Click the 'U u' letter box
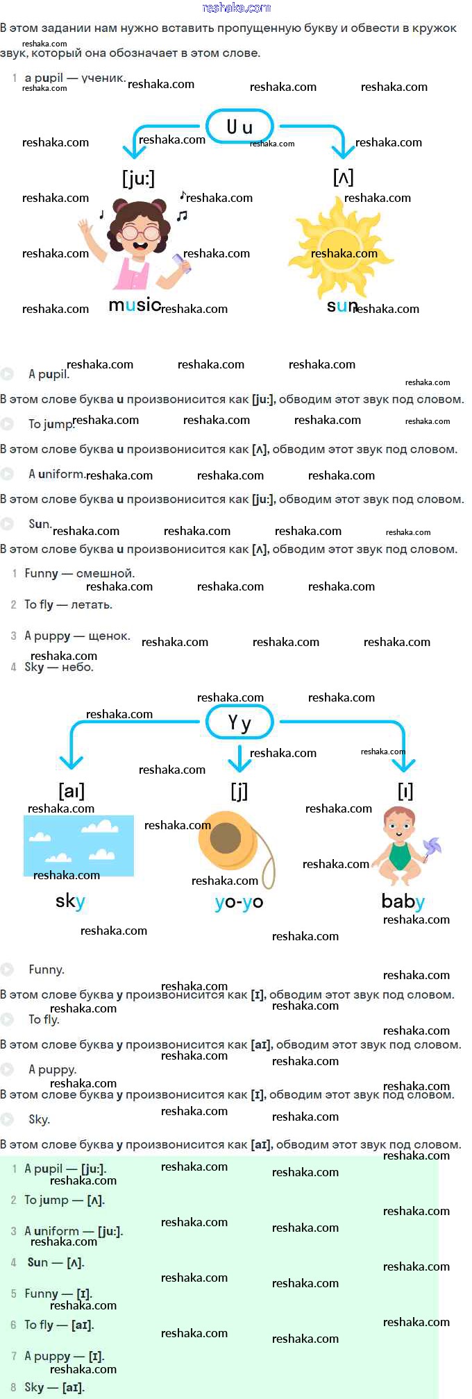click(x=239, y=126)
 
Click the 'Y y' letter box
click(x=239, y=723)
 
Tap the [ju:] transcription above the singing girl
click(x=138, y=178)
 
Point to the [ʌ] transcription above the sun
click(x=343, y=177)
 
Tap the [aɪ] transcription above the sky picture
click(x=71, y=790)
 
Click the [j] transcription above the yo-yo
click(x=239, y=790)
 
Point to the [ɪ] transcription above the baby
click(x=405, y=790)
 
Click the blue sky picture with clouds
click(x=78, y=845)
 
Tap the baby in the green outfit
click(x=399, y=847)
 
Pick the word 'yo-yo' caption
click(x=239, y=901)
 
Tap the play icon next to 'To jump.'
click(x=7, y=423)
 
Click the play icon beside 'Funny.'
click(x=7, y=969)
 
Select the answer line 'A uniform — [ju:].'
click(x=74, y=1231)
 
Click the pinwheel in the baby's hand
click(x=432, y=849)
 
